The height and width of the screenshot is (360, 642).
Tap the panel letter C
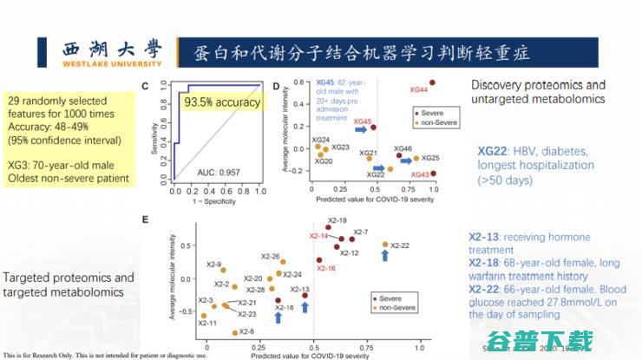click(x=147, y=86)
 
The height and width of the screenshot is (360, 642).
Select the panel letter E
click(x=147, y=220)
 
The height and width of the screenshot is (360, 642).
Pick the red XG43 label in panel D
click(x=419, y=174)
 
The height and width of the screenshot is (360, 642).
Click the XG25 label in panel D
click(x=431, y=158)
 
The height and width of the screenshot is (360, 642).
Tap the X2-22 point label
click(x=400, y=245)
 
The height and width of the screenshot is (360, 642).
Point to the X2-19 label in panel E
click(x=337, y=220)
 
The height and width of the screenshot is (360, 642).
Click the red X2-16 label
click(x=326, y=268)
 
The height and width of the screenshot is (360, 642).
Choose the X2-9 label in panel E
click(x=213, y=265)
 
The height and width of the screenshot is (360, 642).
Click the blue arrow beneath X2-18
click(x=277, y=317)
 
